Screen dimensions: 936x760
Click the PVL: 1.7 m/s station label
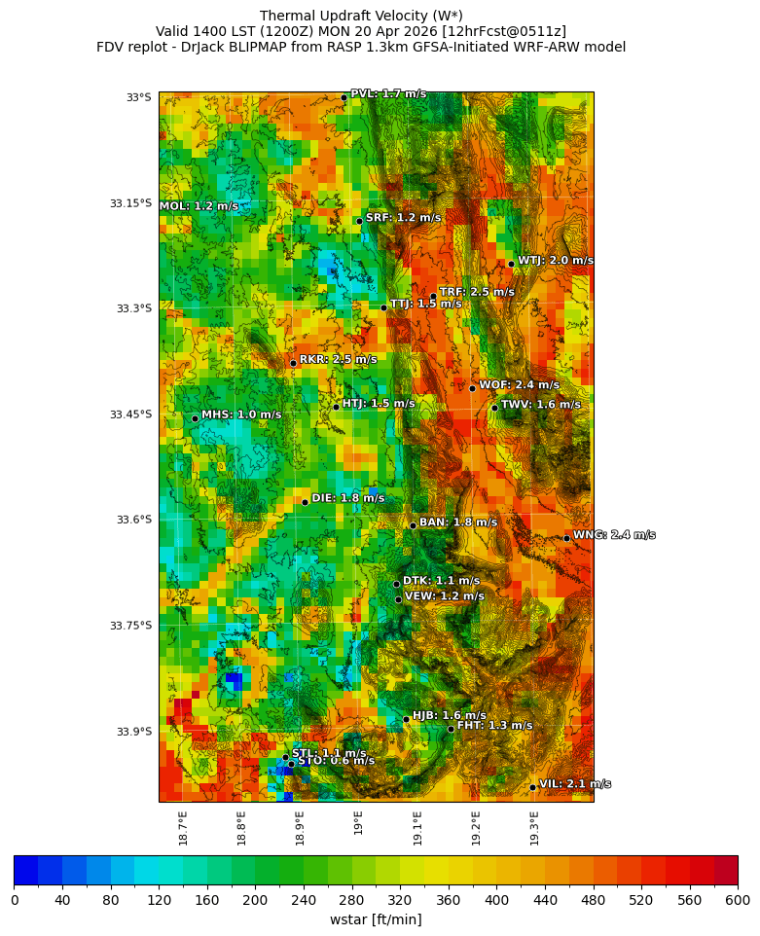pyautogui.click(x=388, y=94)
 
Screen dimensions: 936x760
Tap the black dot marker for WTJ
pyautogui.click(x=511, y=264)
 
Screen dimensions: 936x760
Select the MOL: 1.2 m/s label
pyautogui.click(x=199, y=206)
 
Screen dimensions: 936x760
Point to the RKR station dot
pyautogui.click(x=293, y=363)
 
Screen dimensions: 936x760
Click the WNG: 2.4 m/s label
pyautogui.click(x=613, y=535)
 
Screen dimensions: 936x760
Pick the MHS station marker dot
pyautogui.click(x=195, y=418)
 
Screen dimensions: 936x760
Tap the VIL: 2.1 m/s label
pyautogui.click(x=575, y=784)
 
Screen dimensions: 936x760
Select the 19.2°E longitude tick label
pyautogui.click(x=476, y=827)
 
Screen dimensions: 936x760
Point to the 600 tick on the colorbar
pyautogui.click(x=737, y=901)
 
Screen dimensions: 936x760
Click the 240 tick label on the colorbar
pyautogui.click(x=304, y=901)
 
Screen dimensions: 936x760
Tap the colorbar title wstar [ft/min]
pyautogui.click(x=376, y=919)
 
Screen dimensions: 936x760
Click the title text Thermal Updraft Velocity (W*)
pyautogui.click(x=361, y=16)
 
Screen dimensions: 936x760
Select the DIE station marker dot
pyautogui.click(x=305, y=502)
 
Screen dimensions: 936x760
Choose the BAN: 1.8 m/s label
pyautogui.click(x=457, y=522)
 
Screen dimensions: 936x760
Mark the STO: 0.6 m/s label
pyautogui.click(x=336, y=761)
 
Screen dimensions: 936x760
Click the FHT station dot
pyautogui.click(x=451, y=729)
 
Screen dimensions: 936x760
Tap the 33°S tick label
pyautogui.click(x=139, y=97)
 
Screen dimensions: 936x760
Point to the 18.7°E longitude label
pyautogui.click(x=183, y=827)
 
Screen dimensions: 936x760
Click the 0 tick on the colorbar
pyautogui.click(x=15, y=901)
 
